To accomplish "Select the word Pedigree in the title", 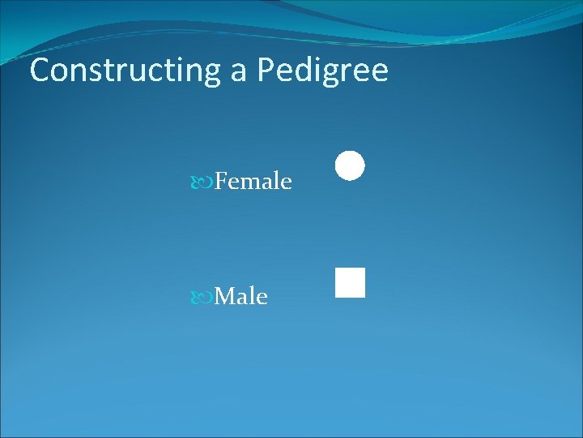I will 323,71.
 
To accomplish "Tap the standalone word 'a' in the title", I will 239,72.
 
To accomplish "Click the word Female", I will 253,181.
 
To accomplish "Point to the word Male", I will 241,297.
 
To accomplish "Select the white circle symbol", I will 350,165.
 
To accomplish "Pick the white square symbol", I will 350,282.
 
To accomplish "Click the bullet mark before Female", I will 206,182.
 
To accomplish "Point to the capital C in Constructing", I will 40,71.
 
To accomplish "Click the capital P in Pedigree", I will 266,71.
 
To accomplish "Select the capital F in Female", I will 223,181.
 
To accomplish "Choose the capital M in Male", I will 227,297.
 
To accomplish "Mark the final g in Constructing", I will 214,74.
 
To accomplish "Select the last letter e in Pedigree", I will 379,72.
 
